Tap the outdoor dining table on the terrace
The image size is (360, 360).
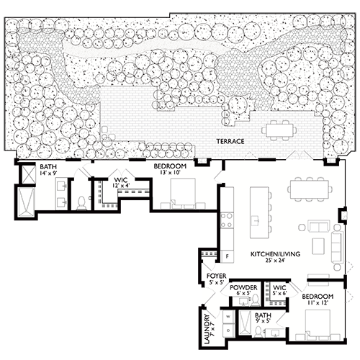click(x=279, y=130)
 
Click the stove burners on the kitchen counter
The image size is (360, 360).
click(x=228, y=216)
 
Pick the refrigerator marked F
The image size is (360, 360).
click(x=228, y=256)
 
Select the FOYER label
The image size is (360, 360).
click(x=215, y=276)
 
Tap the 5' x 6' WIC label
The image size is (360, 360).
click(x=280, y=290)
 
